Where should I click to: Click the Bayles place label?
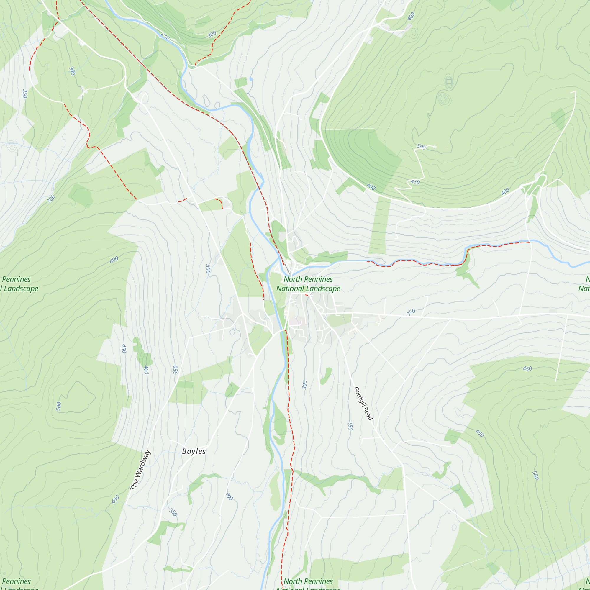click(x=194, y=451)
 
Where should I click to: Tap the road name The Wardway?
click(x=140, y=470)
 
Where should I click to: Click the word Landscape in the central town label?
click(x=324, y=289)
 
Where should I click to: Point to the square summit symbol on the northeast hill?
click(x=449, y=81)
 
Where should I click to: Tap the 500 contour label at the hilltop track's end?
click(x=422, y=147)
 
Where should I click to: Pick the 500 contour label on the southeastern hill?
click(x=535, y=475)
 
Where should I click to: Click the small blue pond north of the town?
click(x=251, y=79)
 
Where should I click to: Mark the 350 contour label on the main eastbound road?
click(x=411, y=312)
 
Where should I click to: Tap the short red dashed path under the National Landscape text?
click(x=307, y=295)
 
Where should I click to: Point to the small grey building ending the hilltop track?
click(x=435, y=147)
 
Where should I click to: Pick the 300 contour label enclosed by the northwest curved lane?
click(x=72, y=71)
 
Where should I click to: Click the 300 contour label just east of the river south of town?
click(x=304, y=385)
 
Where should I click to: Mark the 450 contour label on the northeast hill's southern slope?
click(x=415, y=182)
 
